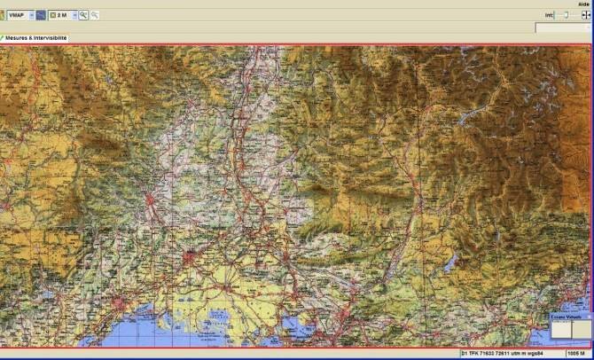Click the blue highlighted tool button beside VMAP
point(41,15)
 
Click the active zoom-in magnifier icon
point(83,15)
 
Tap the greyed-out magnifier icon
point(95,15)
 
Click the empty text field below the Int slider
point(563,28)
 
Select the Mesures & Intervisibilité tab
point(35,38)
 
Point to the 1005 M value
point(577,354)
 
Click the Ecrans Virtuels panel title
point(565,316)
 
